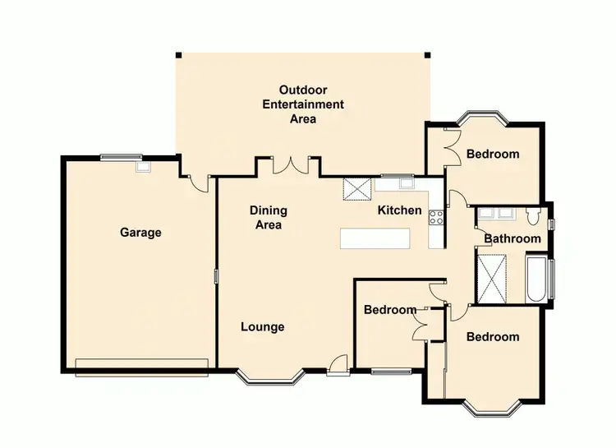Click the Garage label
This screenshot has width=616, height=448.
coord(140,233)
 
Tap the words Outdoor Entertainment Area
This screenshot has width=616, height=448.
coord(302,104)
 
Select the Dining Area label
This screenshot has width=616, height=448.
coord(266,218)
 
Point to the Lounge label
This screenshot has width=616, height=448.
coord(262,327)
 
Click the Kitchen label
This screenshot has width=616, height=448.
coord(399,210)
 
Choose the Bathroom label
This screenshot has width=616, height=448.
coord(513,239)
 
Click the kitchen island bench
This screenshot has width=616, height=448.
coord(375,238)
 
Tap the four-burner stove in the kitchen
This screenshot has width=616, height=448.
coord(436,219)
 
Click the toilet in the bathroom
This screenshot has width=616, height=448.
coord(533,217)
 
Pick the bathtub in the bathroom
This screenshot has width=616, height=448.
coord(535,279)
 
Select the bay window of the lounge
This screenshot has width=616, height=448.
coord(271,378)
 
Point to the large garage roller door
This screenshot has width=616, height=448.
coord(141,366)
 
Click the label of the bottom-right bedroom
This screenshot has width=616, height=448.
coord(493,337)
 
